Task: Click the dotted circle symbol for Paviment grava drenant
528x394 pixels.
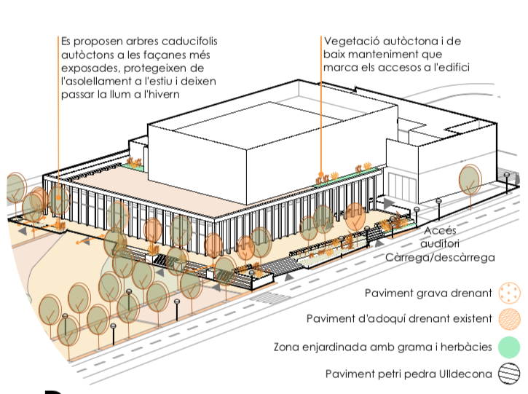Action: coord(509,294)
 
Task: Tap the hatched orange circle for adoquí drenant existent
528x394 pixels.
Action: coord(509,319)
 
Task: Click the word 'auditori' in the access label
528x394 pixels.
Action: coord(442,243)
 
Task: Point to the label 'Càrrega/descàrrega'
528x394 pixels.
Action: coord(440,257)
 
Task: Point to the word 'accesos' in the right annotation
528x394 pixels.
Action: coord(402,68)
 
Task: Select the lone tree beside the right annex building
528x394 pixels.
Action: coord(470,179)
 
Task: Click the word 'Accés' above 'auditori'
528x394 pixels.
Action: coord(440,230)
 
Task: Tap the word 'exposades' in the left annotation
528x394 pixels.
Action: coord(87,68)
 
